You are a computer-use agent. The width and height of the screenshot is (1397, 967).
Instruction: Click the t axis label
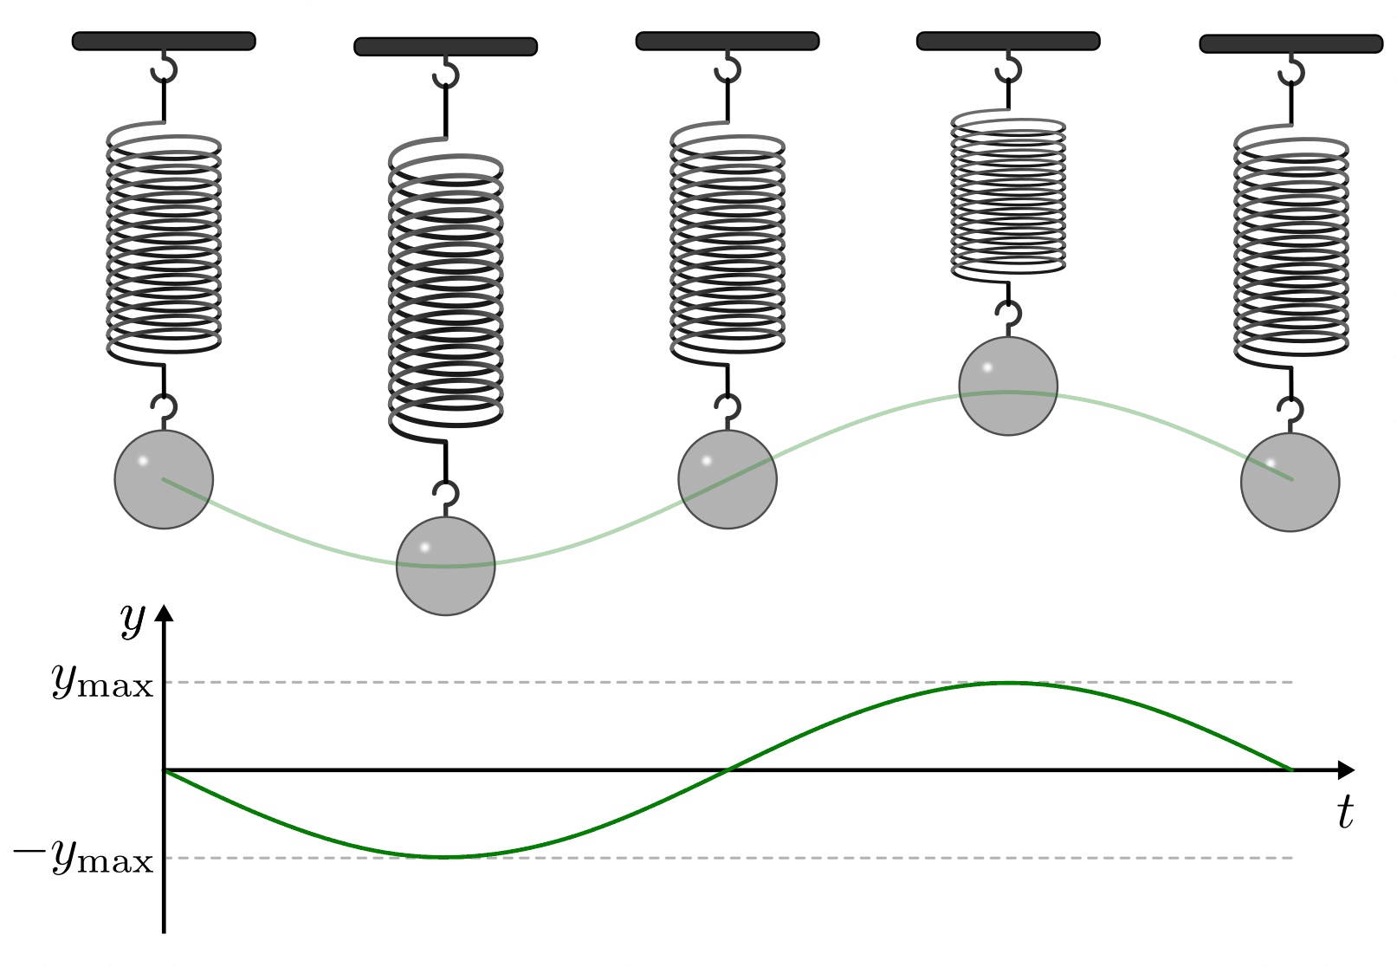coord(1344,812)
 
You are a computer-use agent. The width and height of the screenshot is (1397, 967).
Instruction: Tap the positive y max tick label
coord(102,683)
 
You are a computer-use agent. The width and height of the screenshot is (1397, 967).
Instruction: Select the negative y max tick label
coord(83,858)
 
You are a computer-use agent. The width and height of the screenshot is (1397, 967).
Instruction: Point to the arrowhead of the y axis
coord(164,613)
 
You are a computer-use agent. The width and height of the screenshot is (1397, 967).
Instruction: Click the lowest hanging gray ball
coord(445,566)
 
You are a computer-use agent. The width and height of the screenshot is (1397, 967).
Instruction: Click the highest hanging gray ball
coord(1008,386)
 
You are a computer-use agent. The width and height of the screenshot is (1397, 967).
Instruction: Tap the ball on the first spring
coord(164,479)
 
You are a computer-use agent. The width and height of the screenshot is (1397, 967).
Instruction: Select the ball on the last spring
coord(1290,482)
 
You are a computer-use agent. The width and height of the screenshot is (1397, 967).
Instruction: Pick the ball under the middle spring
coord(728,479)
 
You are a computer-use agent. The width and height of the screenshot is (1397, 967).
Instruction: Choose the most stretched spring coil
coord(445,290)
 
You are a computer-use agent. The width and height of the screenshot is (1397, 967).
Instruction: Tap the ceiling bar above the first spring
coord(164,41)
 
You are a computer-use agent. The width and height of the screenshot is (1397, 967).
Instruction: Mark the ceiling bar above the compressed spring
coord(1008,41)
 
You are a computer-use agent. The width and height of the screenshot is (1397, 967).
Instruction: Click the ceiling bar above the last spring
coord(1290,43)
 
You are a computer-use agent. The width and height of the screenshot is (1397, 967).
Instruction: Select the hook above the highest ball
coord(1008,315)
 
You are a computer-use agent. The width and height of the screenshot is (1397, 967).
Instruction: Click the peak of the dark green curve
coord(1008,683)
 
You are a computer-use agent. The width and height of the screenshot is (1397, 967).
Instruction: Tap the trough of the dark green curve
coord(445,857)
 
